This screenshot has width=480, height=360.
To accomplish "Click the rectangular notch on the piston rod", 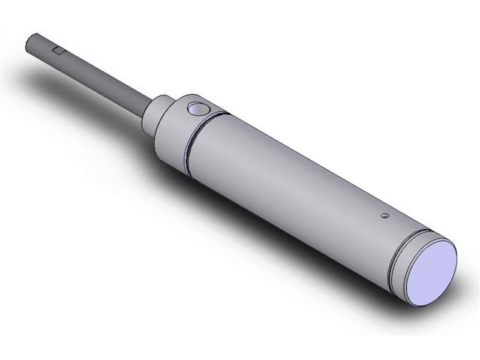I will (59, 50).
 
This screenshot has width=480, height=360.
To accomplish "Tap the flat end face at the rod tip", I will (30, 44).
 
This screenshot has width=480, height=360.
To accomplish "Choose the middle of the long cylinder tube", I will (288, 180).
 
